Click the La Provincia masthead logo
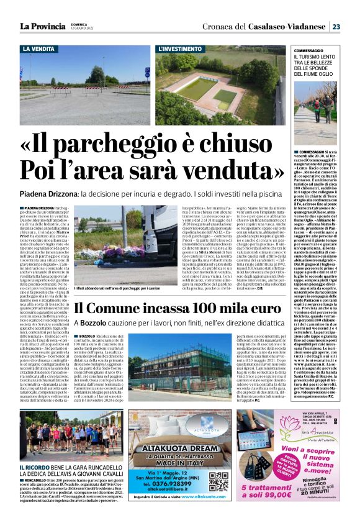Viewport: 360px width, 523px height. click(x=40, y=26)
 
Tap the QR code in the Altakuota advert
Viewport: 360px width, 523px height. click(x=218, y=482)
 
